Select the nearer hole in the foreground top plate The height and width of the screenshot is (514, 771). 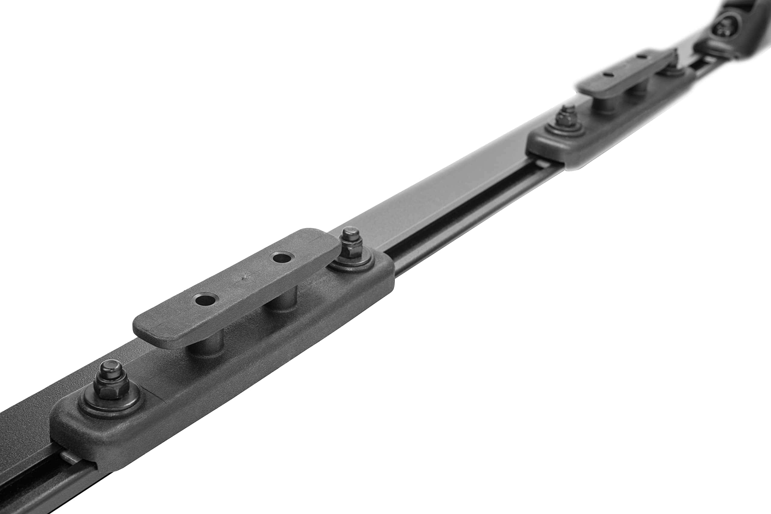click(x=205, y=299)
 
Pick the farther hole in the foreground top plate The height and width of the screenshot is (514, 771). click(x=282, y=258)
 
